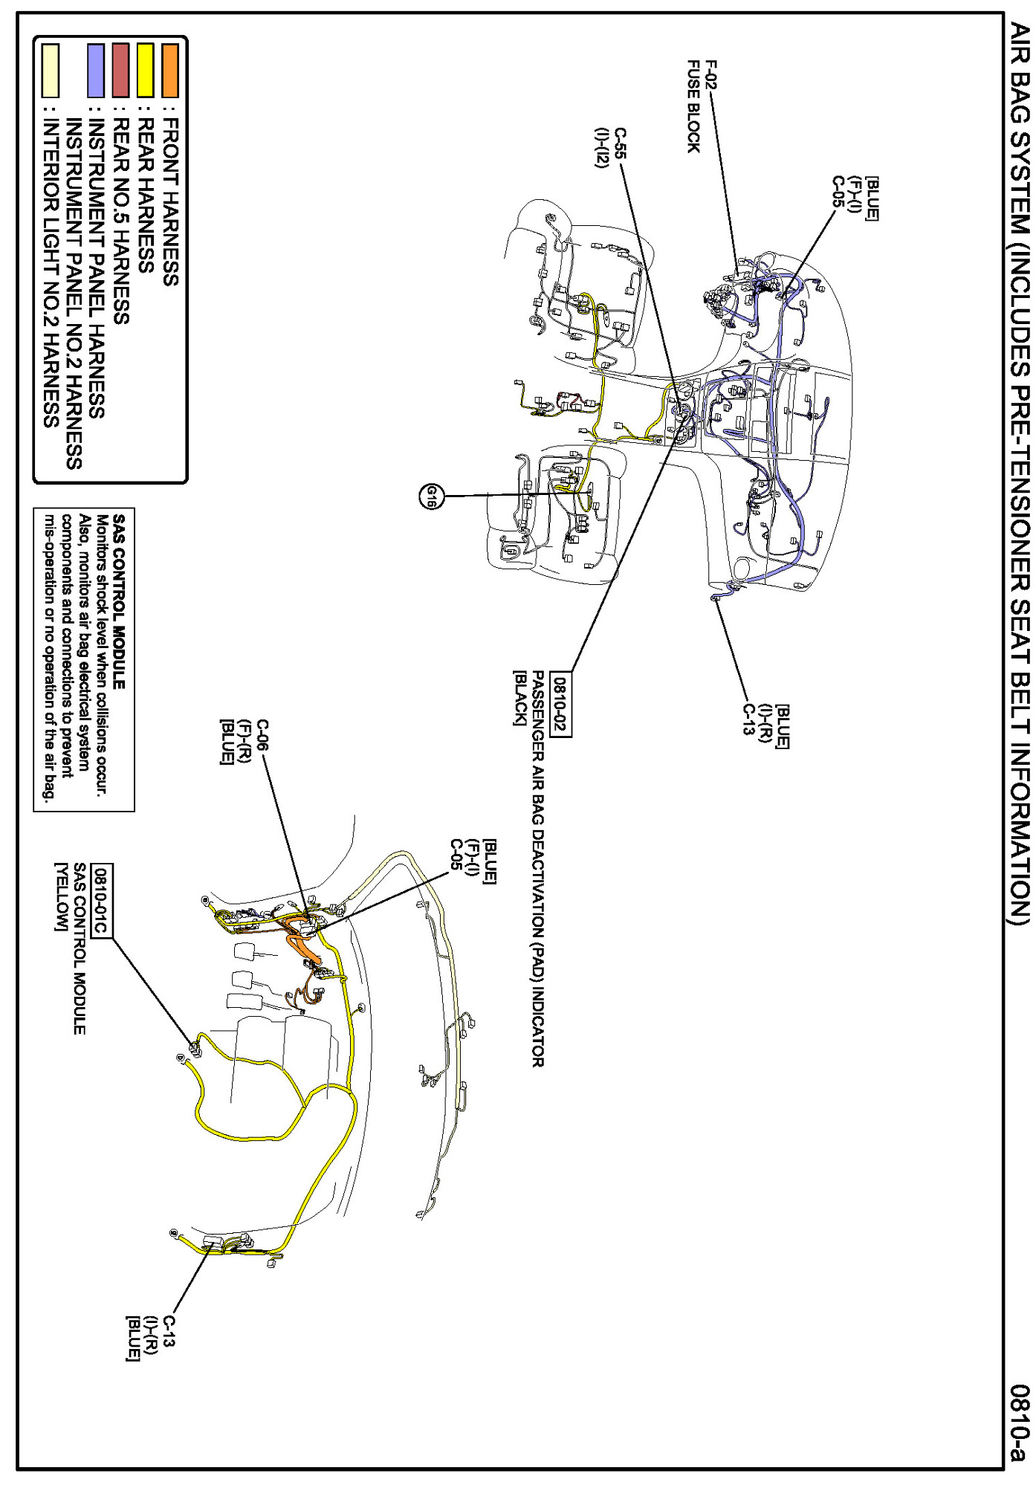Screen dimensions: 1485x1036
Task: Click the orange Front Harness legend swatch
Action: coord(171,71)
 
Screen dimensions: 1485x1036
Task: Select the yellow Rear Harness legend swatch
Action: coord(146,71)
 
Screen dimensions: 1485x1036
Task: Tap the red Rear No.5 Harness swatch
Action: coord(121,71)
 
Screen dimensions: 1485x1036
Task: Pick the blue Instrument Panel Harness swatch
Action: coord(96,71)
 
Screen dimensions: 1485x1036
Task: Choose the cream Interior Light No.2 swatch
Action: coord(51,71)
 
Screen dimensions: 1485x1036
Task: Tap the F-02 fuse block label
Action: coord(711,74)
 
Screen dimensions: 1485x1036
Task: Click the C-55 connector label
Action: coord(618,140)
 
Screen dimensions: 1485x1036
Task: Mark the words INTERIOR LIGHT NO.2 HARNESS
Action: coord(51,275)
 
